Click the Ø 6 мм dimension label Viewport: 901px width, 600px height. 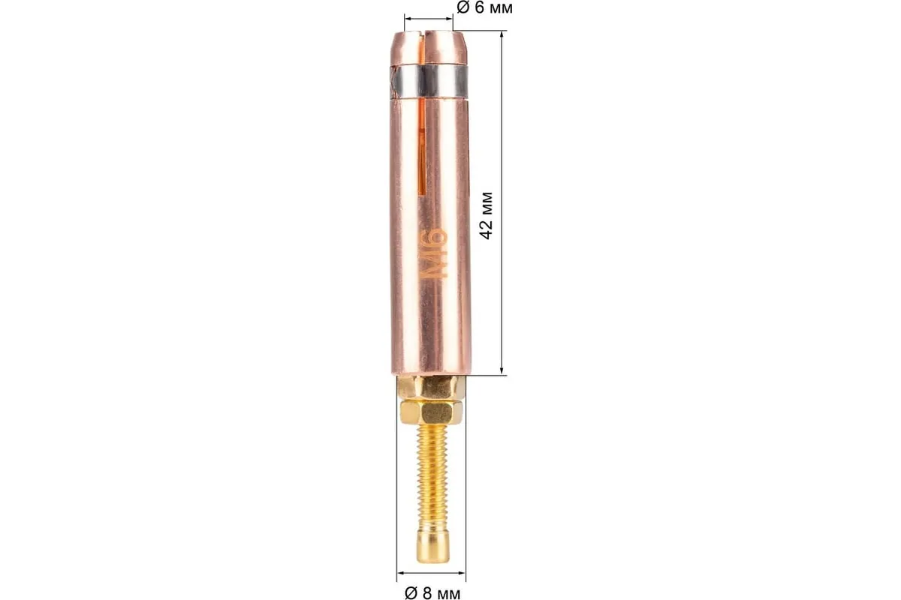(x=485, y=7)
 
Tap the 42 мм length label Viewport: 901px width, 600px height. (x=487, y=216)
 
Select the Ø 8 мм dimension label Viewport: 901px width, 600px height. (x=432, y=593)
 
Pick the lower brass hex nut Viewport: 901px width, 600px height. (x=431, y=413)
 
